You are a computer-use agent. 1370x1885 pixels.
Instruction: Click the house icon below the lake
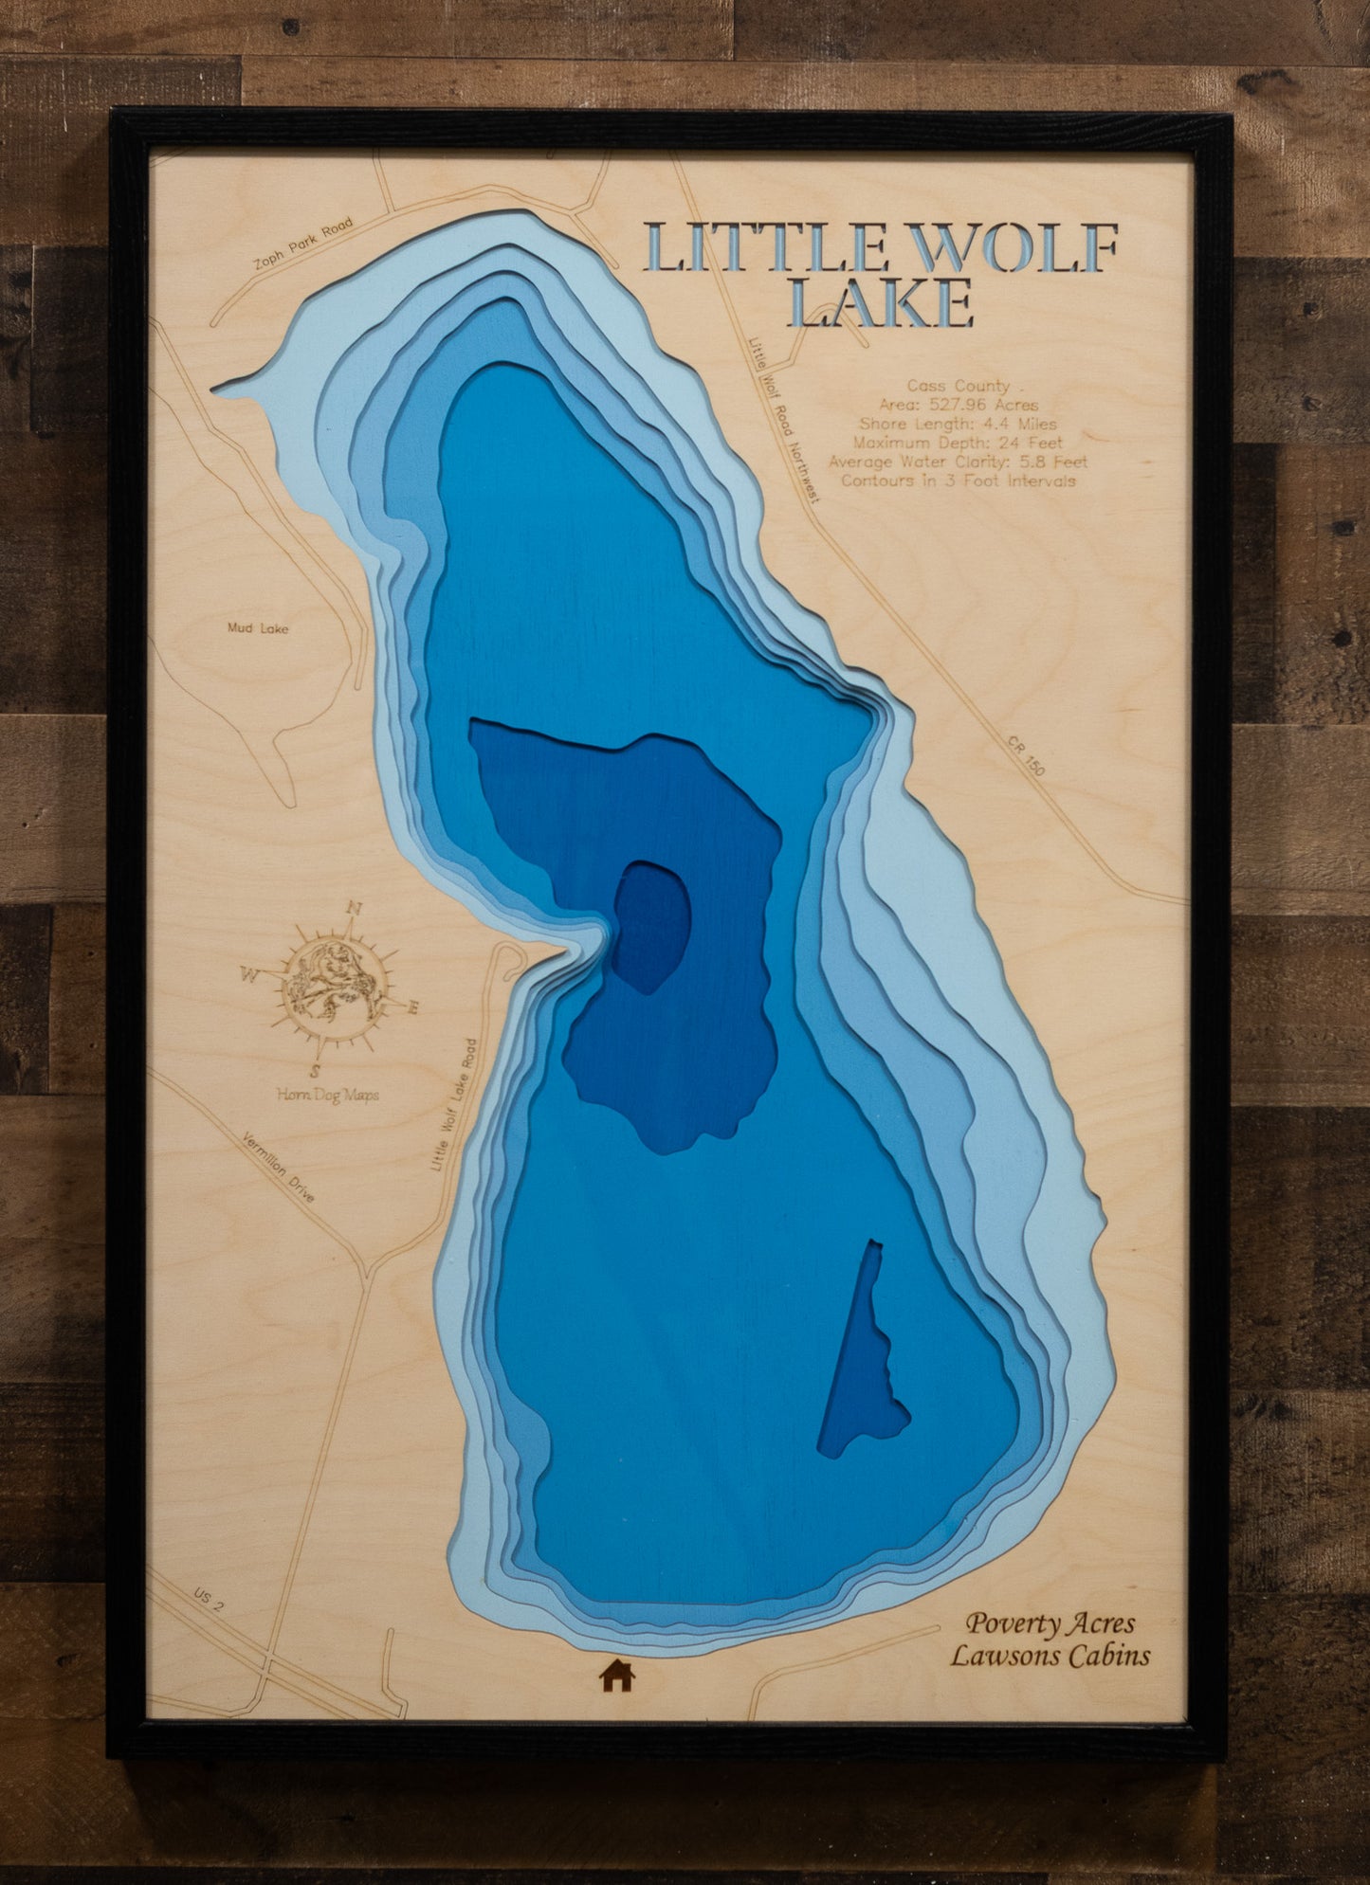coord(616,1676)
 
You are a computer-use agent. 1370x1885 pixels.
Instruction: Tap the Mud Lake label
coord(258,628)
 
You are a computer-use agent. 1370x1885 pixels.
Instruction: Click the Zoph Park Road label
coord(302,244)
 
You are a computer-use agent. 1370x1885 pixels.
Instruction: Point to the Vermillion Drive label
coord(278,1167)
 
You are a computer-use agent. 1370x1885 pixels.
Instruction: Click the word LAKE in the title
coord(881,305)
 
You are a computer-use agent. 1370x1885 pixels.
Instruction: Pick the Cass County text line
coord(958,387)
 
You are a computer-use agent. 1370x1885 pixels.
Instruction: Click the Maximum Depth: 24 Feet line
coord(958,443)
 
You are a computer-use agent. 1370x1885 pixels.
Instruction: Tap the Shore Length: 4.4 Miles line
coord(958,424)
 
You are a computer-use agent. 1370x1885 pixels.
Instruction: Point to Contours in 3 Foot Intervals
coord(958,480)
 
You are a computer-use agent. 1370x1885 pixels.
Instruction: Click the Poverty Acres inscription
coord(1050,1623)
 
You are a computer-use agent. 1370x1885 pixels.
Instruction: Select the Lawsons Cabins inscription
coord(1050,1656)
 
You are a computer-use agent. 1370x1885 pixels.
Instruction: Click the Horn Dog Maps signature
coord(327,1095)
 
